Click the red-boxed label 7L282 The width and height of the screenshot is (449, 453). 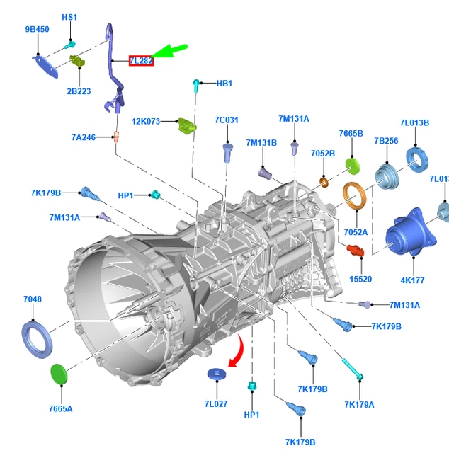tap(141, 62)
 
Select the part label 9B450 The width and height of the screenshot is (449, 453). tap(37, 29)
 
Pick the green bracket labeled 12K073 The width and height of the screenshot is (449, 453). tap(186, 126)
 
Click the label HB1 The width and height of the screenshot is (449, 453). tap(224, 84)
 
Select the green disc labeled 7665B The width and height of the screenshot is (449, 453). tap(353, 166)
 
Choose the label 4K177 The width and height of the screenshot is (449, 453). tap(412, 280)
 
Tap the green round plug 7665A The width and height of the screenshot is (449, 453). tap(59, 374)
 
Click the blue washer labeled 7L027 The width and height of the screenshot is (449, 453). tap(215, 374)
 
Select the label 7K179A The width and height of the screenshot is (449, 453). tap(359, 404)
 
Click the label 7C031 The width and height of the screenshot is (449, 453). tap(227, 120)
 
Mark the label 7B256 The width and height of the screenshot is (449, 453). tap(386, 141)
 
